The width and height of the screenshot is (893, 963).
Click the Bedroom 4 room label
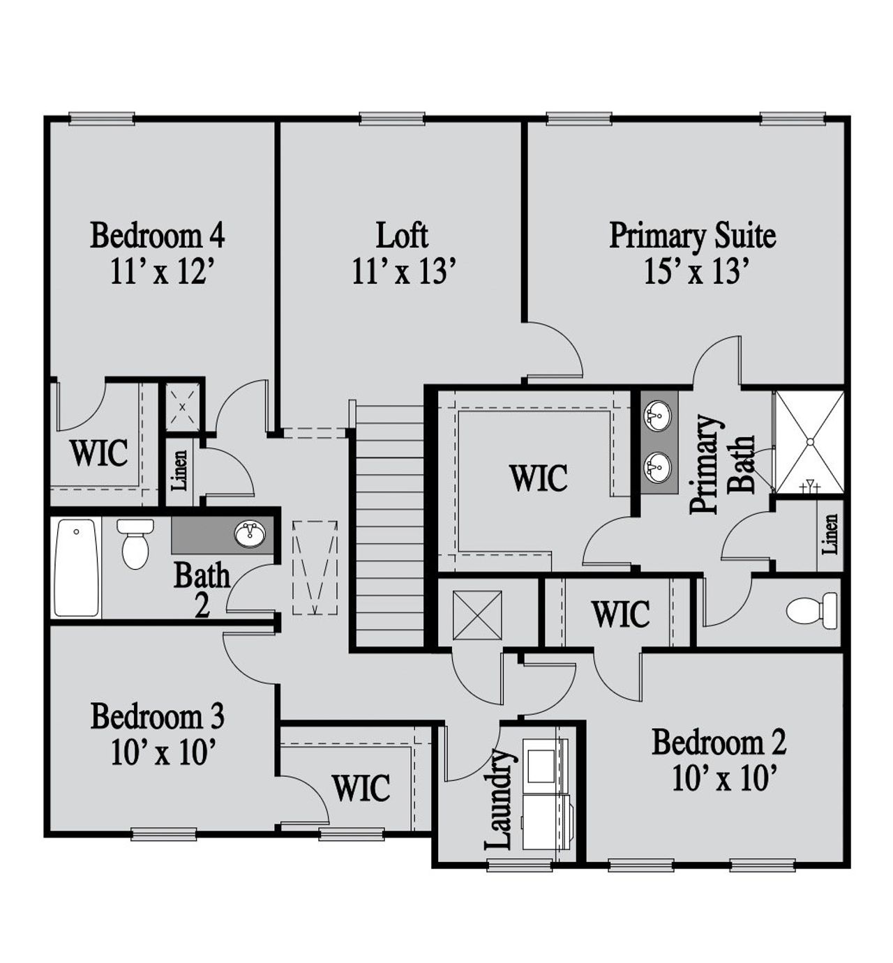pyautogui.click(x=157, y=236)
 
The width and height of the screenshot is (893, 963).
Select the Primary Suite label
pyautogui.click(x=692, y=236)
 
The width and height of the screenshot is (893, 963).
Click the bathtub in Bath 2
pyautogui.click(x=76, y=567)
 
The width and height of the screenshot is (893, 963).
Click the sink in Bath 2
pyautogui.click(x=250, y=534)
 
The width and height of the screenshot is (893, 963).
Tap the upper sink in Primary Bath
pyautogui.click(x=656, y=416)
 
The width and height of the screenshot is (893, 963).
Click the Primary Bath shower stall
pyautogui.click(x=809, y=441)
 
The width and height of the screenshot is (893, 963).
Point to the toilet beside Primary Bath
pyautogui.click(x=813, y=610)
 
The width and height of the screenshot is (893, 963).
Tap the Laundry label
pyautogui.click(x=500, y=800)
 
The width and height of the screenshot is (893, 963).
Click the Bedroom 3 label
pyautogui.click(x=157, y=716)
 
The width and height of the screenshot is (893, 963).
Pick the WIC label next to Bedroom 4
pyautogui.click(x=99, y=453)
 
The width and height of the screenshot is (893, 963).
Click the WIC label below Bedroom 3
pyautogui.click(x=361, y=788)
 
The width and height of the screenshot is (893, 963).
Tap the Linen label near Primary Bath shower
pyautogui.click(x=830, y=533)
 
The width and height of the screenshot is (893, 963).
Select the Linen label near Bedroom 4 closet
pyautogui.click(x=179, y=469)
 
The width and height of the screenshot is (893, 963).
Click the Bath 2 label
pyautogui.click(x=202, y=590)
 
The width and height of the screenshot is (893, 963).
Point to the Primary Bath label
pyautogui.click(x=721, y=464)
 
